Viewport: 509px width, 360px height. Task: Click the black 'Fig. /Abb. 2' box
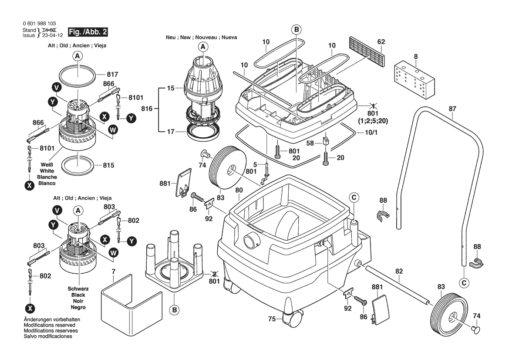point(89,32)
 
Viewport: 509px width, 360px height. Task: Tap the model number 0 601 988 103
point(39,24)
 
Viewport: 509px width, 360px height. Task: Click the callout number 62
point(381,42)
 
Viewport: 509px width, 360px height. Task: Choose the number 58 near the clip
point(310,143)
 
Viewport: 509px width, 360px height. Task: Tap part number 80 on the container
point(239,190)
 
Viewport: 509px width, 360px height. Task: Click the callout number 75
point(272,319)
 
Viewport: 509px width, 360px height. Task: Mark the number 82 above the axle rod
point(399,271)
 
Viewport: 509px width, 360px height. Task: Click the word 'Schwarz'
point(78,289)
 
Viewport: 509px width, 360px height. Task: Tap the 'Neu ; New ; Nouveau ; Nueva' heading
point(201,38)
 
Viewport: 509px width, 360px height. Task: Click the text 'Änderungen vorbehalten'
point(49,319)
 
